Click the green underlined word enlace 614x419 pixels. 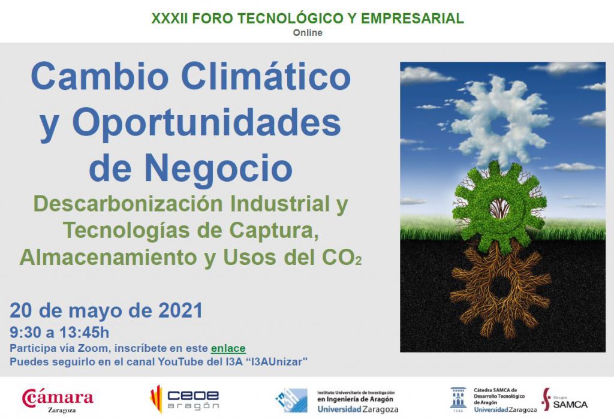228,348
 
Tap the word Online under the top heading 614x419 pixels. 308,32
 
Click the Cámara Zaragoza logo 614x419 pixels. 58,400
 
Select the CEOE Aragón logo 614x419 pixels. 185,399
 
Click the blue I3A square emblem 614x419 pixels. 291,400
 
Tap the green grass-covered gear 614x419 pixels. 499,207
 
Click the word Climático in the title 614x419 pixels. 266,76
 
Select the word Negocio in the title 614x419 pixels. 218,168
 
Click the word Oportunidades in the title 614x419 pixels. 207,122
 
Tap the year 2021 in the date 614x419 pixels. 180,311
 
